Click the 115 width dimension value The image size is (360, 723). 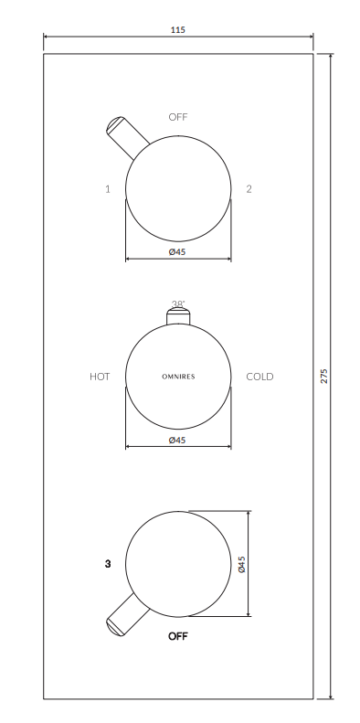(x=178, y=30)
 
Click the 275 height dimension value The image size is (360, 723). (x=323, y=376)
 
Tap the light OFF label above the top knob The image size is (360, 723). (x=178, y=117)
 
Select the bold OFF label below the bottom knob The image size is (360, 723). (x=178, y=636)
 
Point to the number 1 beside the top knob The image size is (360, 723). (x=108, y=189)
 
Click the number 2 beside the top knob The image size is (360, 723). (x=249, y=188)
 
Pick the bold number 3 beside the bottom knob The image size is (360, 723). (x=108, y=564)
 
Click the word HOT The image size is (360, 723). (x=100, y=377)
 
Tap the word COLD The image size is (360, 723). (x=260, y=377)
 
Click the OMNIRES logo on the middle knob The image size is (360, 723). (x=178, y=377)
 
